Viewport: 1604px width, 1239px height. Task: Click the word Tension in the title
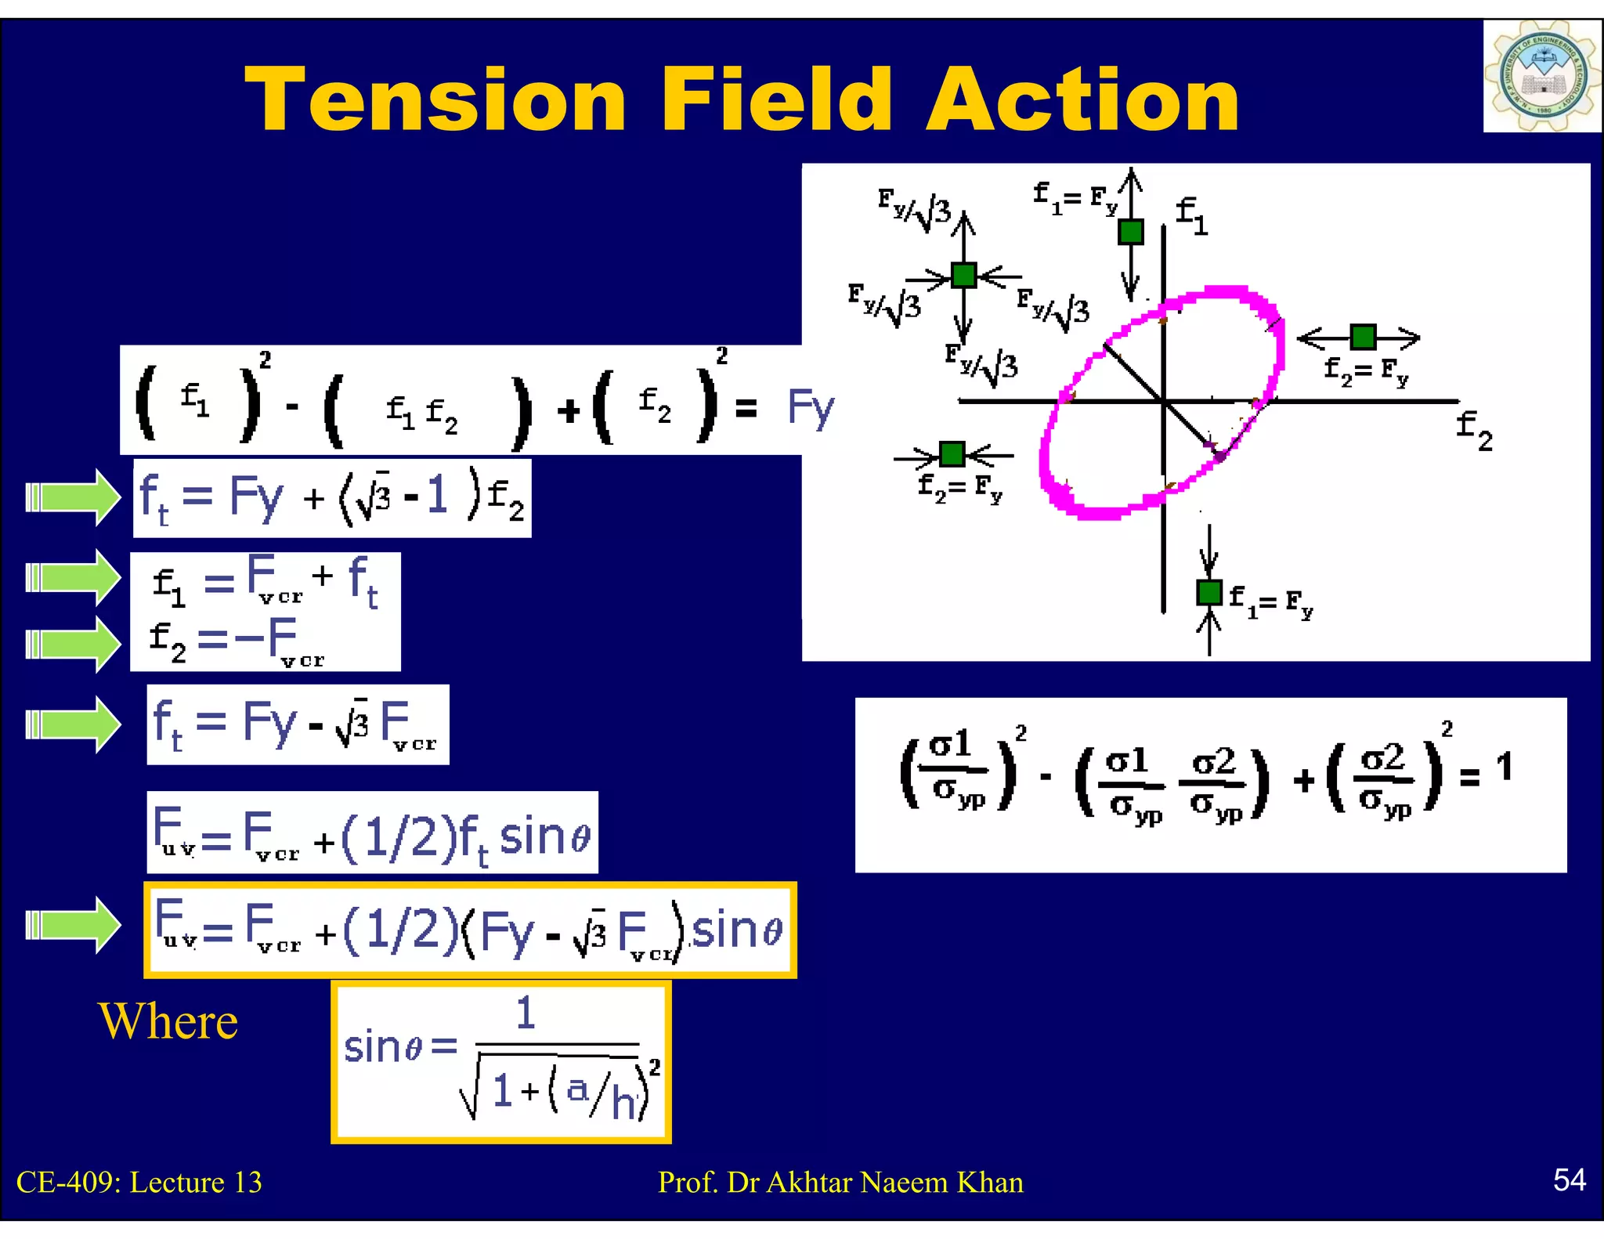[435, 99]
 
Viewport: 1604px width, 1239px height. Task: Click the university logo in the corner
[1541, 77]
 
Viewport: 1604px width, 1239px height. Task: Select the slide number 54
[1570, 1179]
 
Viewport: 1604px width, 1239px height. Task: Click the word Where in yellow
[168, 1021]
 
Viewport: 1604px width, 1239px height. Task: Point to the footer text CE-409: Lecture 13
[139, 1182]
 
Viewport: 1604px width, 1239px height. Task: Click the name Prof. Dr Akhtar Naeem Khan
[840, 1182]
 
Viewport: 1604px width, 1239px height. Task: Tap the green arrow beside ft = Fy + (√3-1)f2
[73, 497]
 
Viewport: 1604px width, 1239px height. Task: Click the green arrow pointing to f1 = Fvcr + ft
[73, 578]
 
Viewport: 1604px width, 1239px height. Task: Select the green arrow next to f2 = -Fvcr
[73, 645]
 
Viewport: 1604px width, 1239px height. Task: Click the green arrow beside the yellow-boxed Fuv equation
[73, 925]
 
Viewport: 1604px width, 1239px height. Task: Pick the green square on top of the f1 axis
[1130, 232]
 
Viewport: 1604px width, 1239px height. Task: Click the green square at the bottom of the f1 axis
[1209, 592]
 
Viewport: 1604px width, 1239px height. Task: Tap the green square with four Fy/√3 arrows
[963, 276]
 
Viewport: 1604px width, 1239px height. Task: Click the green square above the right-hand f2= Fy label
[1363, 337]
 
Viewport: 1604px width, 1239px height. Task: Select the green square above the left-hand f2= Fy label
[952, 453]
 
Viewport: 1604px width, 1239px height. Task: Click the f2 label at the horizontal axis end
[1474, 431]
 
